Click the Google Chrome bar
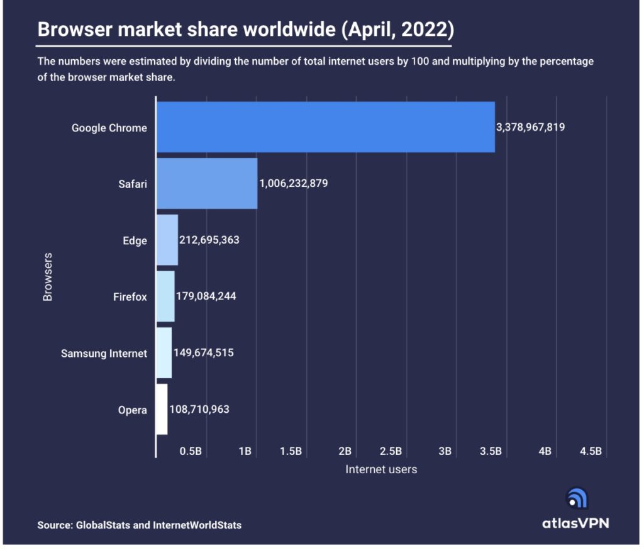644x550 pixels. point(325,127)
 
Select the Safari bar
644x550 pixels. point(207,183)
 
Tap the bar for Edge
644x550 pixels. point(167,240)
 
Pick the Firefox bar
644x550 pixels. point(165,296)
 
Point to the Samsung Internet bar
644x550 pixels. point(164,353)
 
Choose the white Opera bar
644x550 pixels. point(162,409)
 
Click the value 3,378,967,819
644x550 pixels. point(530,128)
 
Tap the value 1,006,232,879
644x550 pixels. point(293,184)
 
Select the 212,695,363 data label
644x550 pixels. point(209,240)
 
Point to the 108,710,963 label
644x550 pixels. point(199,410)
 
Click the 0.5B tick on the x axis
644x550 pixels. point(191,451)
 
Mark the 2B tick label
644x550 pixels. point(345,451)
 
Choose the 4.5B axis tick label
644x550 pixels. point(591,451)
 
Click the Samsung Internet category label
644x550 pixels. point(104,354)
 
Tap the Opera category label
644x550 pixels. point(132,410)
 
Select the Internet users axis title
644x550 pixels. point(380,469)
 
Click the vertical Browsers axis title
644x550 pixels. point(48,277)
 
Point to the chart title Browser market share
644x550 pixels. point(245,30)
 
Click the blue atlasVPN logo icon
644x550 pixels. point(577,498)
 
